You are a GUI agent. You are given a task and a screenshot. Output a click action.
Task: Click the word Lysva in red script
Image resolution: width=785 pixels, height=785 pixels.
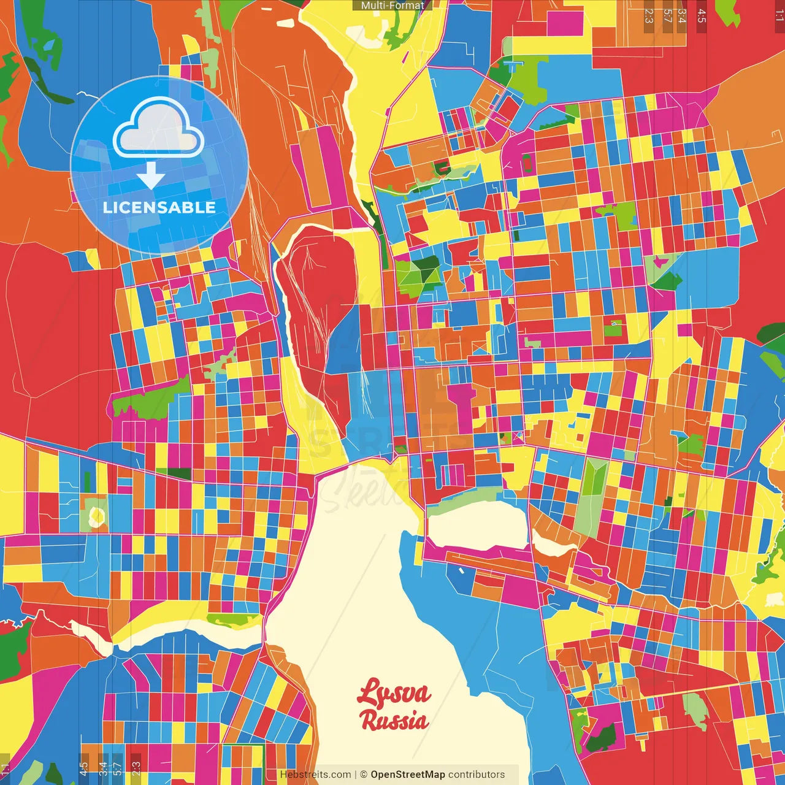point(394,694)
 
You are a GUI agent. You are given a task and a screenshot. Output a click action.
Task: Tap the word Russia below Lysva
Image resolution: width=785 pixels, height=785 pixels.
point(394,720)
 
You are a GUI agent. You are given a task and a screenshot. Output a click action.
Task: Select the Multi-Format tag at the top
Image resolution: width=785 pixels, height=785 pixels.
point(392,6)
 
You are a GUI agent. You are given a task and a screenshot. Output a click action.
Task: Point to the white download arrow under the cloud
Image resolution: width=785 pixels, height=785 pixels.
point(151,175)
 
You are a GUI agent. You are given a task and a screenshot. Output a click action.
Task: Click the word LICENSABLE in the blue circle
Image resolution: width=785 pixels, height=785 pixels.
point(159,207)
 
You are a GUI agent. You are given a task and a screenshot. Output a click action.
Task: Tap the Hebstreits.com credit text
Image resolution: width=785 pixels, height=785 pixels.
point(315,775)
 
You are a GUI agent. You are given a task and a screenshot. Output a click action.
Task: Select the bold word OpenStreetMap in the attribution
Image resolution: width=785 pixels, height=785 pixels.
point(407,775)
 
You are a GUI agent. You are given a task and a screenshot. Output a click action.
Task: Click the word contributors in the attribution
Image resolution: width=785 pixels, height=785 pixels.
point(477,775)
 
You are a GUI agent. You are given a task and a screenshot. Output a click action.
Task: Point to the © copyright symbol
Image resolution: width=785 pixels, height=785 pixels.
point(363,775)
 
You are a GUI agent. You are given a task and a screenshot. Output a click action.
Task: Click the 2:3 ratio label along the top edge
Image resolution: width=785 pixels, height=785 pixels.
point(649,15)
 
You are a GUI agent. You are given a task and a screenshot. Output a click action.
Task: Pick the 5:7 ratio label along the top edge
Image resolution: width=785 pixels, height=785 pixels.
point(667,15)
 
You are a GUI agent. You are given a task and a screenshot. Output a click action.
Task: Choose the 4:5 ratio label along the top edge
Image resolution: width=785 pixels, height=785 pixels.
point(702,15)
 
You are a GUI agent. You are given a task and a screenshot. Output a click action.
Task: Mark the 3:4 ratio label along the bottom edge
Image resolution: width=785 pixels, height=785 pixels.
point(103,769)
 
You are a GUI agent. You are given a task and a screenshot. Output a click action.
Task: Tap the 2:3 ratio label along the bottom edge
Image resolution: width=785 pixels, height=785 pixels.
point(136,769)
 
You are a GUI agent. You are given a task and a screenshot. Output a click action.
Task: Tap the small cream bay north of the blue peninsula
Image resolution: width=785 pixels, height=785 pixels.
point(475,524)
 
